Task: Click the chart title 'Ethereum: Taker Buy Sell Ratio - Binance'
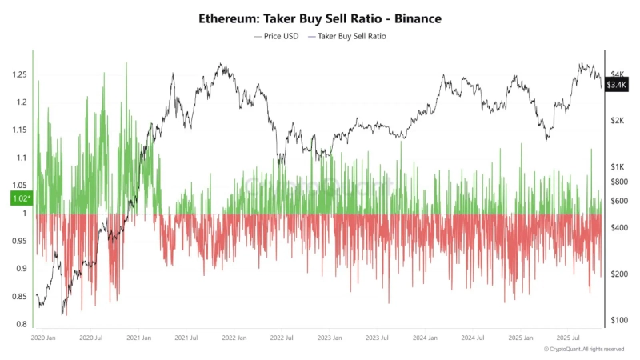pos(320,17)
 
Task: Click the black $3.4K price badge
pos(617,84)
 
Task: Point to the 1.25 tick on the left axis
pos(18,75)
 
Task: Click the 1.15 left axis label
pos(18,130)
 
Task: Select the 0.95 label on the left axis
pos(18,241)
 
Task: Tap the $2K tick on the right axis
pos(617,120)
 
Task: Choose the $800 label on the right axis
pos(618,182)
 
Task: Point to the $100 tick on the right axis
pos(618,320)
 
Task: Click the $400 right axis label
pos(618,228)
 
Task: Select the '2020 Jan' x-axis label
pos(43,338)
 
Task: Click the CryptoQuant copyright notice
pos(584,350)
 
